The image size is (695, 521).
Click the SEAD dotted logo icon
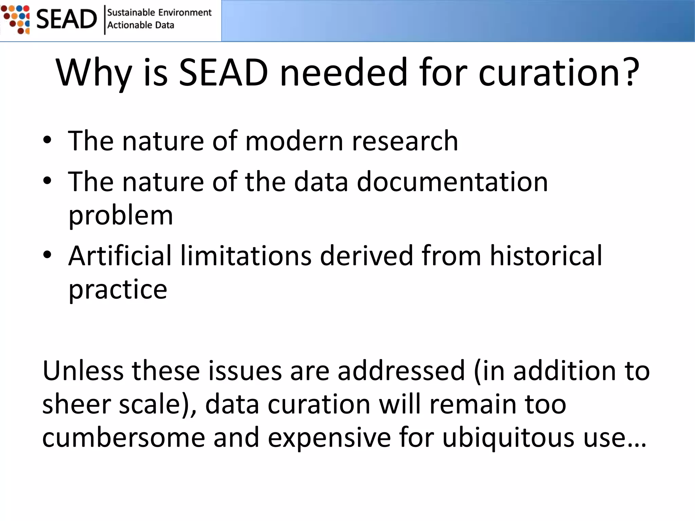click(x=16, y=19)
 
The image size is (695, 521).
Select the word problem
click(x=121, y=216)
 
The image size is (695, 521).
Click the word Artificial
click(x=120, y=255)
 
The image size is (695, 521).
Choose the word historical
click(x=546, y=255)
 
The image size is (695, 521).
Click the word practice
click(x=118, y=290)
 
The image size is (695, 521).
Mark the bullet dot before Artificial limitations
click(x=47, y=255)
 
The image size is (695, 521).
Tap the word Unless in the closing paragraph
click(x=83, y=371)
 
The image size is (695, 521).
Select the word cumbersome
click(x=124, y=438)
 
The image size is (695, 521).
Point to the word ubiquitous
click(x=508, y=438)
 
